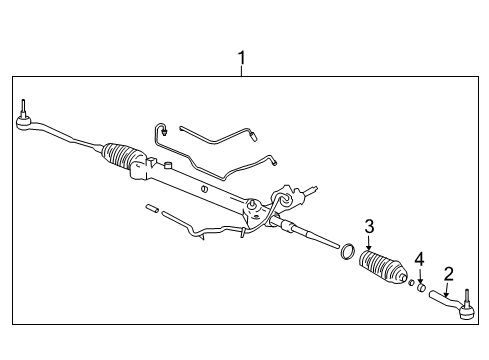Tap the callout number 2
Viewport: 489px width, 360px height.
449,273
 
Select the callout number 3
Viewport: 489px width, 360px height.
369,226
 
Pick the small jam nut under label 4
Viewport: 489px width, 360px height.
422,290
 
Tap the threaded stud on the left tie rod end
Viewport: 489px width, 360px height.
22,107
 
